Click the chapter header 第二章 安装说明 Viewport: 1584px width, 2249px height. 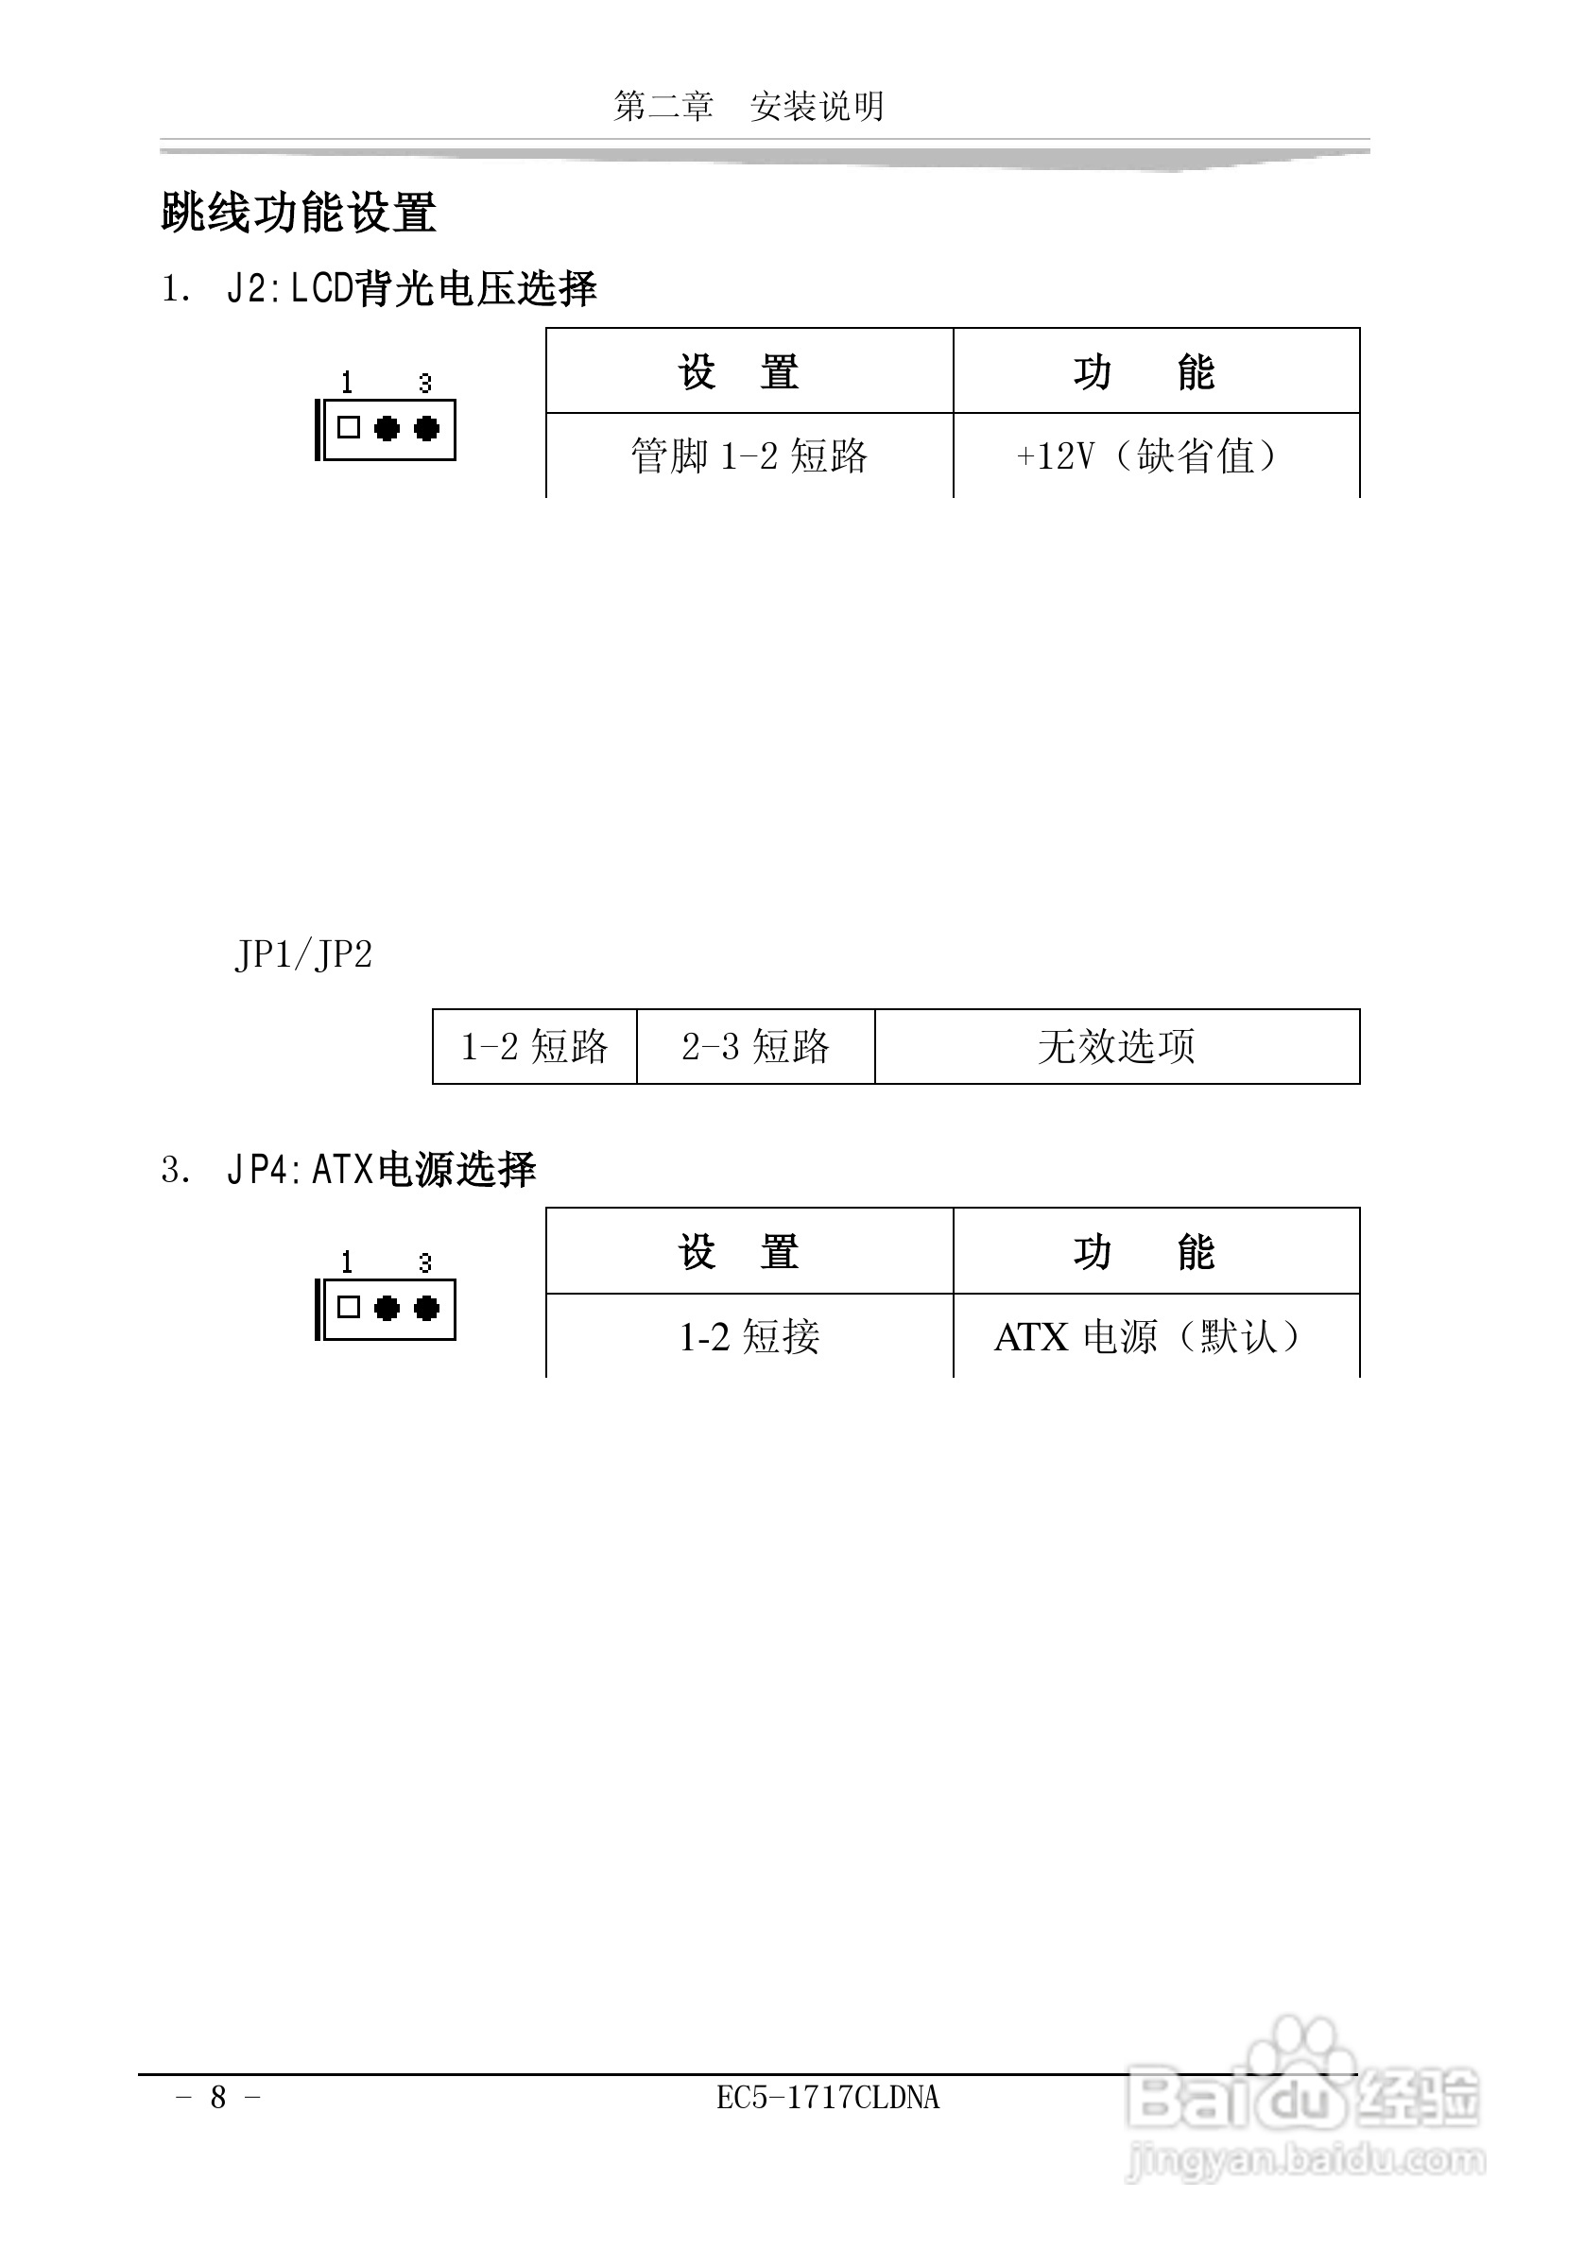(x=749, y=106)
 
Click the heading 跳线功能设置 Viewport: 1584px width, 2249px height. (x=298, y=212)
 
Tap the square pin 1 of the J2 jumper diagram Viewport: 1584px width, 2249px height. (x=349, y=428)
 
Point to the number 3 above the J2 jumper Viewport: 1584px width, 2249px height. (x=425, y=383)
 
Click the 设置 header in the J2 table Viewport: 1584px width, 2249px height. (x=739, y=372)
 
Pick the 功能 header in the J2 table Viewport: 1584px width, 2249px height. (x=1145, y=372)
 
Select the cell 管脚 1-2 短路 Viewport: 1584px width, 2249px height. (x=749, y=456)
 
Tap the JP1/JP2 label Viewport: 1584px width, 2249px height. (x=303, y=954)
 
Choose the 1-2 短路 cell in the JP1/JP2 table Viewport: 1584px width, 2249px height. (x=534, y=1046)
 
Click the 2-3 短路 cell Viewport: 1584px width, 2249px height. (x=755, y=1046)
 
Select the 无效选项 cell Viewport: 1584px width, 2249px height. (x=1116, y=1046)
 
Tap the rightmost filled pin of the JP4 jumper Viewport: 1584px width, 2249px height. (x=427, y=1308)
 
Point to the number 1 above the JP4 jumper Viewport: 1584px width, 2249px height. (x=347, y=1262)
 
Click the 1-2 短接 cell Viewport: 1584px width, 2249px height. (x=749, y=1336)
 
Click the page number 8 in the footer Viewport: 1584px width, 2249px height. (x=218, y=2097)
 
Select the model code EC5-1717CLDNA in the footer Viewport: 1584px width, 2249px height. (x=828, y=2097)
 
